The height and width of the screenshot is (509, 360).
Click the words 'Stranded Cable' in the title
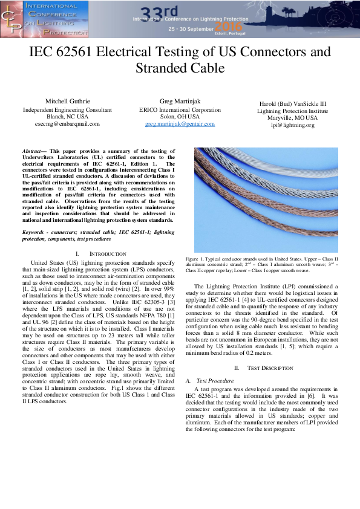coord(180,68)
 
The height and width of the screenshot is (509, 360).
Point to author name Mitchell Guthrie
coord(67,101)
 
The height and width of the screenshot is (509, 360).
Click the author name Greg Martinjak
coord(180,101)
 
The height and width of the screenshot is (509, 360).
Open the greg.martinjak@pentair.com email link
coord(180,123)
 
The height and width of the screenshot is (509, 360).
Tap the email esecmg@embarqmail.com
coord(67,123)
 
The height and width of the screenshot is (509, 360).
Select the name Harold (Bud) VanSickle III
coord(293,103)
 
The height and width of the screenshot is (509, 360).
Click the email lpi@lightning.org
coord(293,125)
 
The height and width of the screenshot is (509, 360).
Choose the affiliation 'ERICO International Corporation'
coord(180,110)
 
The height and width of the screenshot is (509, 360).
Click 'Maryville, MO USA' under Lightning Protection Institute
coord(293,118)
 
